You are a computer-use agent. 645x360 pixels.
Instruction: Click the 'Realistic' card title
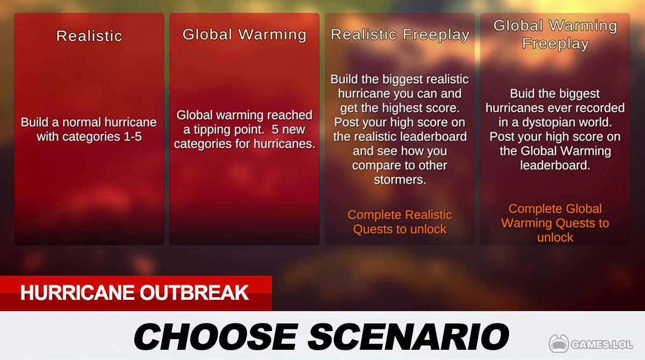[89, 35]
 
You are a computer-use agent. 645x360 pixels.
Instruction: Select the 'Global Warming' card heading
[245, 34]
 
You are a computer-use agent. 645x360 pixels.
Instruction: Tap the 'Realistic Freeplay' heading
[400, 34]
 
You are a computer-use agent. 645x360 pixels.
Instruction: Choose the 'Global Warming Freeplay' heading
[555, 34]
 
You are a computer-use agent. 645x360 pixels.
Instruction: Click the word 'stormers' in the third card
[400, 180]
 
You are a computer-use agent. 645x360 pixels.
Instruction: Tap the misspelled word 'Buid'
[522, 93]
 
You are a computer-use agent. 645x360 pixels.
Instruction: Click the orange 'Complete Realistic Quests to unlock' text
[400, 222]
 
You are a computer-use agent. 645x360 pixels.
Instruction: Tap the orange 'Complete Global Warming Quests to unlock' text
[555, 223]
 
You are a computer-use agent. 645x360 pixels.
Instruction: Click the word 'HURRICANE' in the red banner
[78, 293]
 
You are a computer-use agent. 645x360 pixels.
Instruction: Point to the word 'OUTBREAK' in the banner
[195, 293]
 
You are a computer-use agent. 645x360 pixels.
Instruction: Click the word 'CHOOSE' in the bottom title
[216, 336]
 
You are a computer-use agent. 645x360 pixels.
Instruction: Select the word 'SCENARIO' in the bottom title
[408, 336]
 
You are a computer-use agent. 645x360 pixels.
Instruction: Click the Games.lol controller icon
[559, 343]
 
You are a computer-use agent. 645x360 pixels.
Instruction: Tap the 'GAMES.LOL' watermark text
[601, 344]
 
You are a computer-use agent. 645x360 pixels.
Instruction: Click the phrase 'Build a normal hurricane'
[89, 123]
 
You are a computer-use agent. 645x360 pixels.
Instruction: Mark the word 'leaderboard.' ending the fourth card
[555, 165]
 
